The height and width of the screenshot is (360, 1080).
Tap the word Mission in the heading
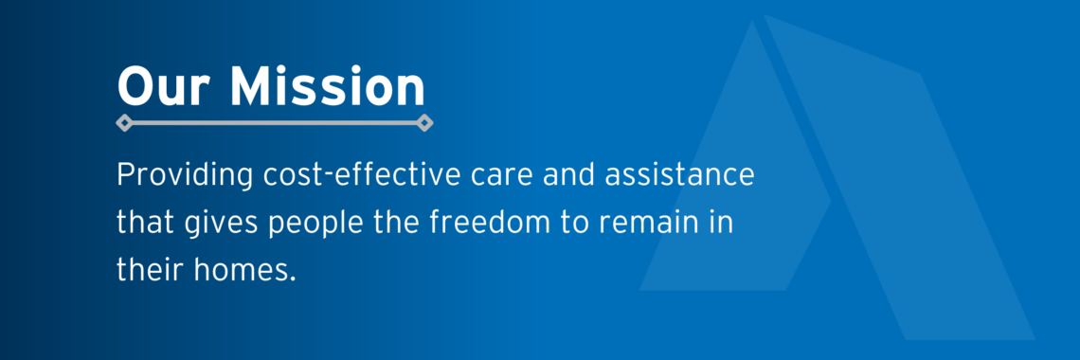coord(328,87)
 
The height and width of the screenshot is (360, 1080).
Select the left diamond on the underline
coord(122,122)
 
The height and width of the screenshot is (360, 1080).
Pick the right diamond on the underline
coord(425,122)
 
